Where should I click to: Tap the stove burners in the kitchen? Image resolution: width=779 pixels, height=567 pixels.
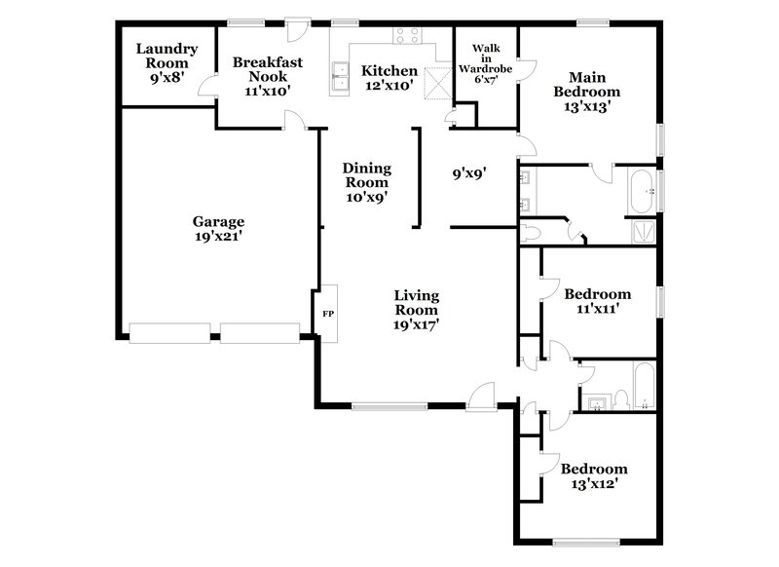click(407, 36)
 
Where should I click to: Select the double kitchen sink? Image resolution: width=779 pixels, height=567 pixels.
click(340, 76)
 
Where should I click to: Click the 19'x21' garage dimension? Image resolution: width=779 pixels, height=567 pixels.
click(217, 236)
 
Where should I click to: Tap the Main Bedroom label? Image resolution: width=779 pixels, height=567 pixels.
click(587, 85)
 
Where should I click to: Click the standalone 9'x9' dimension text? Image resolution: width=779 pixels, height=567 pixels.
click(468, 174)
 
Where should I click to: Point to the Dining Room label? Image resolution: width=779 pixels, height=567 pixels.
click(365, 175)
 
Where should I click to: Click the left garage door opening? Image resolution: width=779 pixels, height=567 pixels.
click(169, 332)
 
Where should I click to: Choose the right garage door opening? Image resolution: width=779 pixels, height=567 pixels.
click(259, 332)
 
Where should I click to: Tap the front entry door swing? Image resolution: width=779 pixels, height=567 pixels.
click(480, 396)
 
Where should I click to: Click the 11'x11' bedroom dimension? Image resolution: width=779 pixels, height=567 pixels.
click(597, 308)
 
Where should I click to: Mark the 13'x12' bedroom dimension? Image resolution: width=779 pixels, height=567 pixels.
click(594, 483)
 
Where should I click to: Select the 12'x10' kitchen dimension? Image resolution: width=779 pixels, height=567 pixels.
click(389, 87)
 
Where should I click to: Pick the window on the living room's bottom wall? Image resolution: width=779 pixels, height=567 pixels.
click(388, 406)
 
